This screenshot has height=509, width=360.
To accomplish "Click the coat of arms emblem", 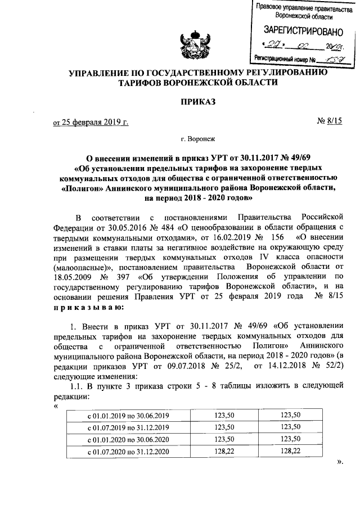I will tap(193, 46).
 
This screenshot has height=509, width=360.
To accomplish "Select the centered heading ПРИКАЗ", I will tap(198, 101).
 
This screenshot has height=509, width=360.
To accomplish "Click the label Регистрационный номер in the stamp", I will tap(281, 58).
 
